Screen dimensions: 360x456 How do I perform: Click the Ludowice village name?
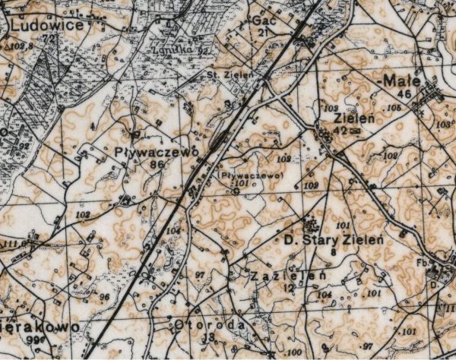[x=46, y=24]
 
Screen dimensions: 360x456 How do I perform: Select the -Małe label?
[x=402, y=80]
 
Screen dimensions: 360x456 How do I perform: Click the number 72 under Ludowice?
[x=50, y=37]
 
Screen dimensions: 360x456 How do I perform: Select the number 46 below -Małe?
[x=403, y=93]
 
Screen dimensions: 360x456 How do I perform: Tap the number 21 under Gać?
[x=263, y=33]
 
